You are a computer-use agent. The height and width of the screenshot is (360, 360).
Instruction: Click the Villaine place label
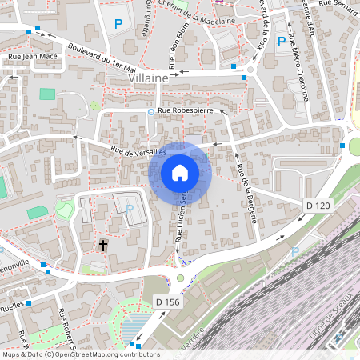coord(149,79)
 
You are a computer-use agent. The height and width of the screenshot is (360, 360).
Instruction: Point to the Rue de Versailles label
coord(138,150)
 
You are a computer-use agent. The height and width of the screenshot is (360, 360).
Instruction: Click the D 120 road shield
coord(318,206)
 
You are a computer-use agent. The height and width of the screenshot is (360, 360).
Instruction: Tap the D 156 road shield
coord(166,301)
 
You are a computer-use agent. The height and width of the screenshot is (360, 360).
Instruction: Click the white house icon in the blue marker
coord(180,173)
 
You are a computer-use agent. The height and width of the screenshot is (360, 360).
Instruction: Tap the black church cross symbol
coord(103,245)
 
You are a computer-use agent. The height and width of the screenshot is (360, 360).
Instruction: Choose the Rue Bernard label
coord(337,6)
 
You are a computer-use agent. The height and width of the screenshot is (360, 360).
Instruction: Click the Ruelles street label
coord(11,305)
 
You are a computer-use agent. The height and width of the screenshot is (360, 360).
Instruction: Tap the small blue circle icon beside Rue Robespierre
coord(150,112)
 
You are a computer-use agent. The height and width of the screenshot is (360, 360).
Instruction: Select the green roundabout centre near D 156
coord(180,278)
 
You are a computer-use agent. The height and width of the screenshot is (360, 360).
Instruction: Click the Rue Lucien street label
coord(182,219)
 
